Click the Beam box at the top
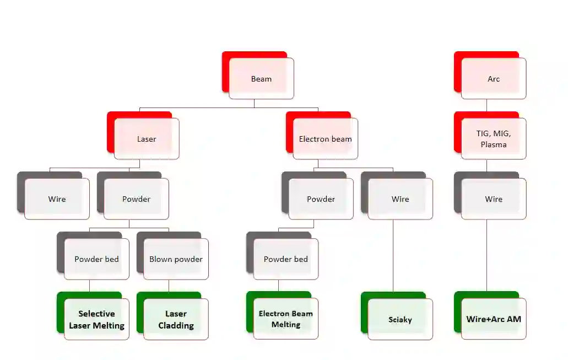click(x=261, y=79)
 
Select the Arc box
click(x=494, y=79)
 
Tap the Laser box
click(x=147, y=139)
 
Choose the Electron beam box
click(x=325, y=139)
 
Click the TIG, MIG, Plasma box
click(x=494, y=139)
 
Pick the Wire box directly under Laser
click(x=57, y=199)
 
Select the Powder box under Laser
click(x=136, y=199)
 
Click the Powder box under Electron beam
click(x=321, y=199)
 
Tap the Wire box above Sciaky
click(x=401, y=199)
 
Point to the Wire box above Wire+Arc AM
click(x=494, y=199)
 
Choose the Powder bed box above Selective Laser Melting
click(x=96, y=259)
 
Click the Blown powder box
click(x=176, y=259)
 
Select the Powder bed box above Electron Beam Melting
click(x=285, y=259)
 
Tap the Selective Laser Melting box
click(x=96, y=319)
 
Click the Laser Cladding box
click(x=176, y=319)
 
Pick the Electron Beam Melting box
click(x=285, y=319)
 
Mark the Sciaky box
click(x=400, y=319)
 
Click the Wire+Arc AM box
click(x=494, y=319)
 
